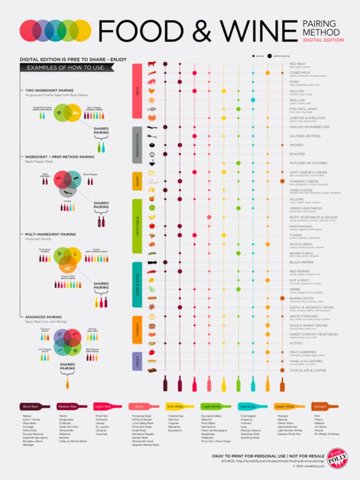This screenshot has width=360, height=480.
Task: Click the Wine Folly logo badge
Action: [337, 457]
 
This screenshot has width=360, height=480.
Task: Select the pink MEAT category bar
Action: [137, 91]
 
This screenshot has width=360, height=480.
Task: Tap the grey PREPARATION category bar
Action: [137, 145]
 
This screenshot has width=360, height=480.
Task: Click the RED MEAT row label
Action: [298, 64]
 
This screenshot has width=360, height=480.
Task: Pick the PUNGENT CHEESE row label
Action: [304, 181]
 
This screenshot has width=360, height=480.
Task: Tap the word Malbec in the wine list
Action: [28, 415]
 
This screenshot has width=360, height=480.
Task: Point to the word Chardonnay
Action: [176, 415]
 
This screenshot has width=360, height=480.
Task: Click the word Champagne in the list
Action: [248, 415]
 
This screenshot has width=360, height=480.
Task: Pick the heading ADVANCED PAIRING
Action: [44, 317]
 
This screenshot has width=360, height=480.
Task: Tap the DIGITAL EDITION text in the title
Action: [322, 40]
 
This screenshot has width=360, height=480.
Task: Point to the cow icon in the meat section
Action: [152, 64]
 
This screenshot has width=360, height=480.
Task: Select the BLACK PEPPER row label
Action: [301, 262]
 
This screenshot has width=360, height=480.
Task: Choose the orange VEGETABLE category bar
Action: [137, 225]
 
